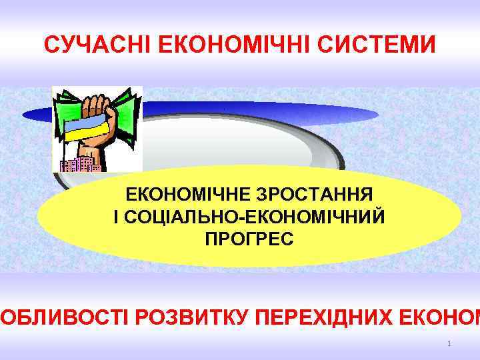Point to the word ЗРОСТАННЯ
coord(316,195)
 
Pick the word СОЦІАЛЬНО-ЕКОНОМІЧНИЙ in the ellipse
coord(255,217)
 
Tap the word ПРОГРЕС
coord(249,238)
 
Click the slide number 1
coord(450,344)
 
